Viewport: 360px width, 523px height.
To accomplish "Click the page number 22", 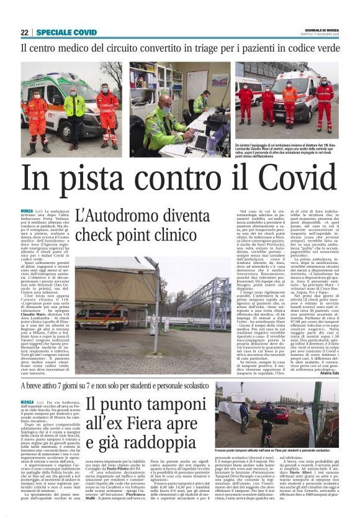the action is [x=25, y=32].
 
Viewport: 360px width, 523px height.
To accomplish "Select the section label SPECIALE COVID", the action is [x=66, y=32].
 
